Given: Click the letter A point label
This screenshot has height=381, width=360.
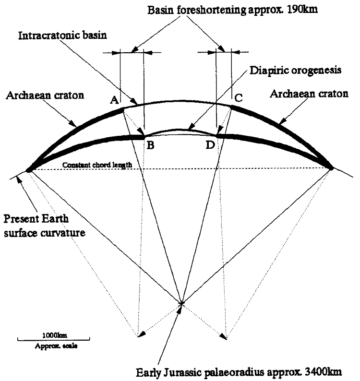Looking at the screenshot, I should pyautogui.click(x=114, y=99).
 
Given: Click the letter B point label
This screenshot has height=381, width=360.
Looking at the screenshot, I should pyautogui.click(x=150, y=145).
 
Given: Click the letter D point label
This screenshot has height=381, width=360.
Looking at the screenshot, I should pyautogui.click(x=210, y=145).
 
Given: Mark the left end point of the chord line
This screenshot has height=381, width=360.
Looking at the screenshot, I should pyautogui.click(x=28, y=169).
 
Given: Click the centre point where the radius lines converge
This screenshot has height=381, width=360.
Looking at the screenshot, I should pyautogui.click(x=181, y=303).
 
